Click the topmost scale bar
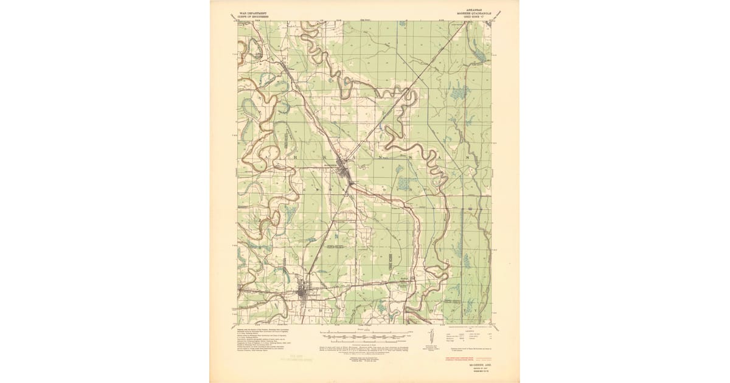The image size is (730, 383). pos(363,334)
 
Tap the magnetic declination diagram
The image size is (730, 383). pos(430,337)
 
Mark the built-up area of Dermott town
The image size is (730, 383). pos(304,295)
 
